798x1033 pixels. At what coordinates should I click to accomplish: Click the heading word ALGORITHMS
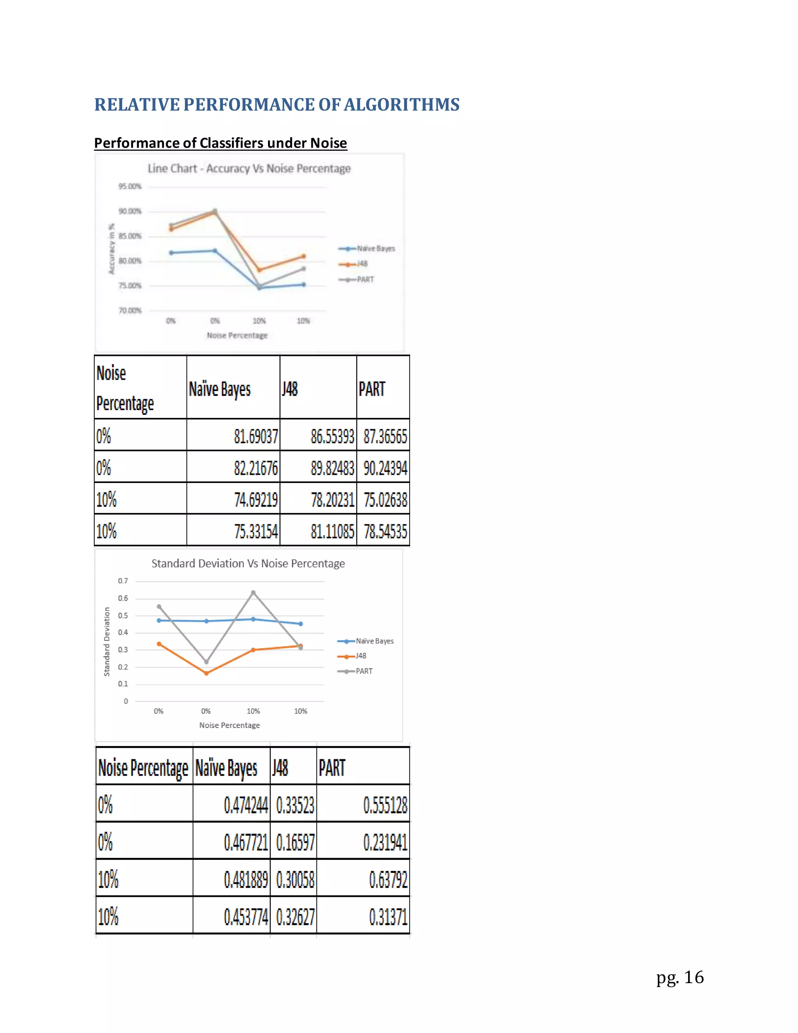pos(401,104)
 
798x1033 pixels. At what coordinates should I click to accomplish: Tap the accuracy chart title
pos(249,168)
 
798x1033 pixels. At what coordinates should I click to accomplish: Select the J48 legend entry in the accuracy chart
pos(362,264)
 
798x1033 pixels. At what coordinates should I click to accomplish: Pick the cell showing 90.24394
pos(385,468)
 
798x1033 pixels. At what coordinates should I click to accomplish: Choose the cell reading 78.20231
pos(332,499)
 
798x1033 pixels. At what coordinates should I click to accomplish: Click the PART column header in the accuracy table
pos(372,389)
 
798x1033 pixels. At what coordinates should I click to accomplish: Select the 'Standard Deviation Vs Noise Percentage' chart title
pos(248,563)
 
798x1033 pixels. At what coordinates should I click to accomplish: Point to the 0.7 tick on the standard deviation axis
pos(123,581)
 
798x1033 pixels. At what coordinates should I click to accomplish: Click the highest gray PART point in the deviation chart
pos(253,593)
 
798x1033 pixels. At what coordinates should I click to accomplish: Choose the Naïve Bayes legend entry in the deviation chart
pos(374,641)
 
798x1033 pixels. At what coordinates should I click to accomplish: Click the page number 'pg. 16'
pos(680,977)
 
